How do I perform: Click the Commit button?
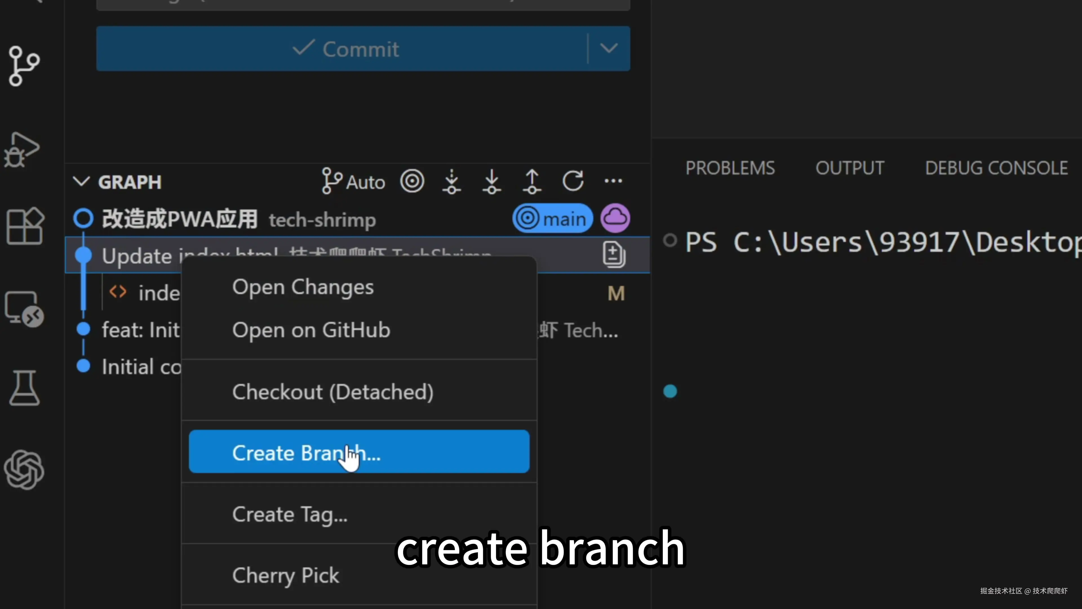pos(341,49)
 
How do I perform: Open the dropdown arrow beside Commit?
pos(609,49)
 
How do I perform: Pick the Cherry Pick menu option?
pos(286,575)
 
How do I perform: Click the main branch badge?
pos(552,219)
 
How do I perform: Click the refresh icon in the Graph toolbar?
pos(573,181)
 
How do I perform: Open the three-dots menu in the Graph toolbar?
pos(613,181)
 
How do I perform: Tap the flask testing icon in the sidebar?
pos(24,388)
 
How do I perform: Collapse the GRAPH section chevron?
pos(81,182)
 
